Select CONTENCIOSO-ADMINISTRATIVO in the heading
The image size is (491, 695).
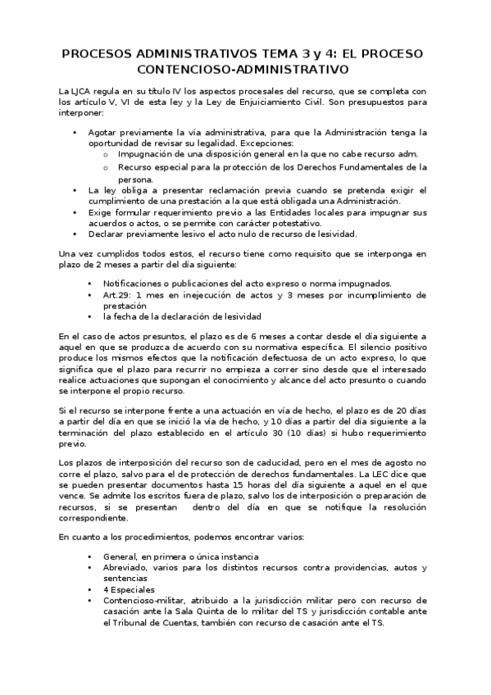(246, 70)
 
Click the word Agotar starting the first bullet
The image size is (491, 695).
(107, 131)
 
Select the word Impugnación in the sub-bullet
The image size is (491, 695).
(150, 154)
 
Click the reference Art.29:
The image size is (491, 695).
(118, 294)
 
